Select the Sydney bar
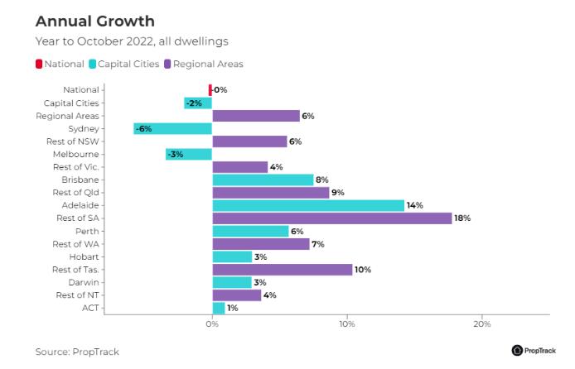click(x=173, y=128)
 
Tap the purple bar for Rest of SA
click(x=331, y=218)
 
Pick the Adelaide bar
click(x=308, y=205)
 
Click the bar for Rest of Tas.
click(x=282, y=270)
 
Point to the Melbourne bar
click(x=189, y=154)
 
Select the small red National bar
click(x=210, y=89)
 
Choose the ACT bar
click(x=219, y=308)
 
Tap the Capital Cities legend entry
click(x=124, y=64)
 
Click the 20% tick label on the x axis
click(x=482, y=323)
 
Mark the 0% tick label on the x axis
click(x=212, y=323)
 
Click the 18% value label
click(x=462, y=218)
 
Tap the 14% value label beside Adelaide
click(x=415, y=205)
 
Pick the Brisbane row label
click(x=80, y=180)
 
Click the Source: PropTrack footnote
click(x=77, y=352)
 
